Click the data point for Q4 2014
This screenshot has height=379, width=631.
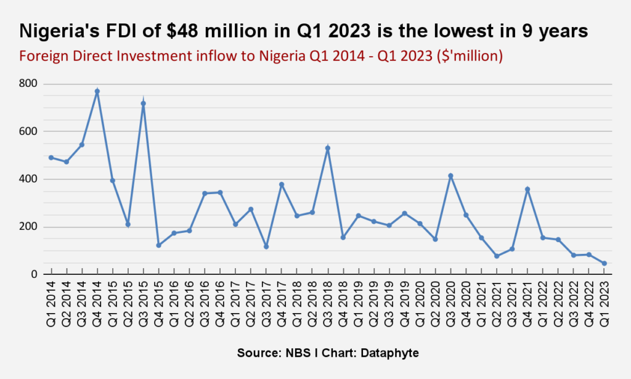click(x=97, y=91)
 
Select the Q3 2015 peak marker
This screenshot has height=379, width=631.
click(x=143, y=104)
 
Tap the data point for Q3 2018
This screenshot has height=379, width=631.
click(x=328, y=148)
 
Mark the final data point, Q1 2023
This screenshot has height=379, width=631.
click(x=604, y=263)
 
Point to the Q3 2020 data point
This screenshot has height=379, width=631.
click(x=450, y=176)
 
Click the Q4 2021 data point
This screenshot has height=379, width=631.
click(x=527, y=189)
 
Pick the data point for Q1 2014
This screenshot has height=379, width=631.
click(x=51, y=157)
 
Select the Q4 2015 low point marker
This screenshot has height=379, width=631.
click(x=158, y=245)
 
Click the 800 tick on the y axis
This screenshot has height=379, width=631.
click(x=28, y=84)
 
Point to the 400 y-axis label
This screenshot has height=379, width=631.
click(x=28, y=179)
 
